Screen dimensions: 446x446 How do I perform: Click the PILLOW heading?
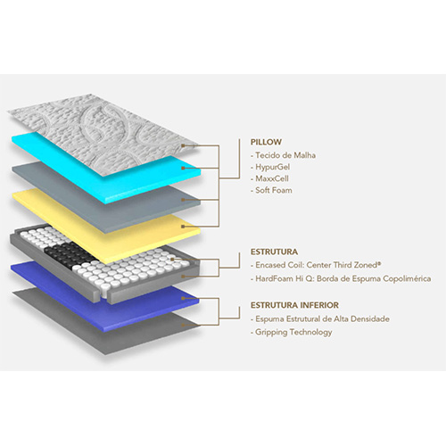click(266, 142)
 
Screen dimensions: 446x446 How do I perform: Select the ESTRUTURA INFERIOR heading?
click(294, 305)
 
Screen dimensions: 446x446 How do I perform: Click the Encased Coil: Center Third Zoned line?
click(316, 265)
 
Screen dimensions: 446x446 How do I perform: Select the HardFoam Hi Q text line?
click(341, 279)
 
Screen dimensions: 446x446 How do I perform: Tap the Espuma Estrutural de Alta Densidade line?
click(320, 319)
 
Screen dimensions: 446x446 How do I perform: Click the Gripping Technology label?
click(292, 332)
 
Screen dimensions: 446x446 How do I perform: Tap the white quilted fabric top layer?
click(98, 131)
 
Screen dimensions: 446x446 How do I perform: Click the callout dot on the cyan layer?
click(184, 168)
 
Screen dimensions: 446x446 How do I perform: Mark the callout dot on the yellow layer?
click(184, 227)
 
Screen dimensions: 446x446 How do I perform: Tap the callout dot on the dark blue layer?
click(184, 298)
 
